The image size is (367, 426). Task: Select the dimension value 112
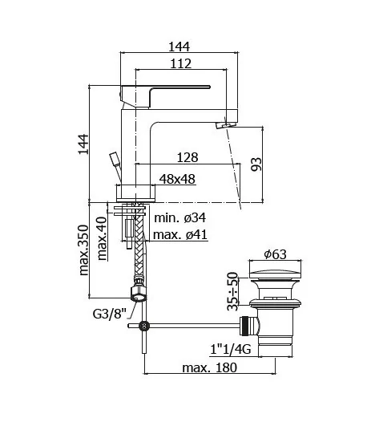click(183, 63)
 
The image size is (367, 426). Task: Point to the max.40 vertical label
click(102, 237)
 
